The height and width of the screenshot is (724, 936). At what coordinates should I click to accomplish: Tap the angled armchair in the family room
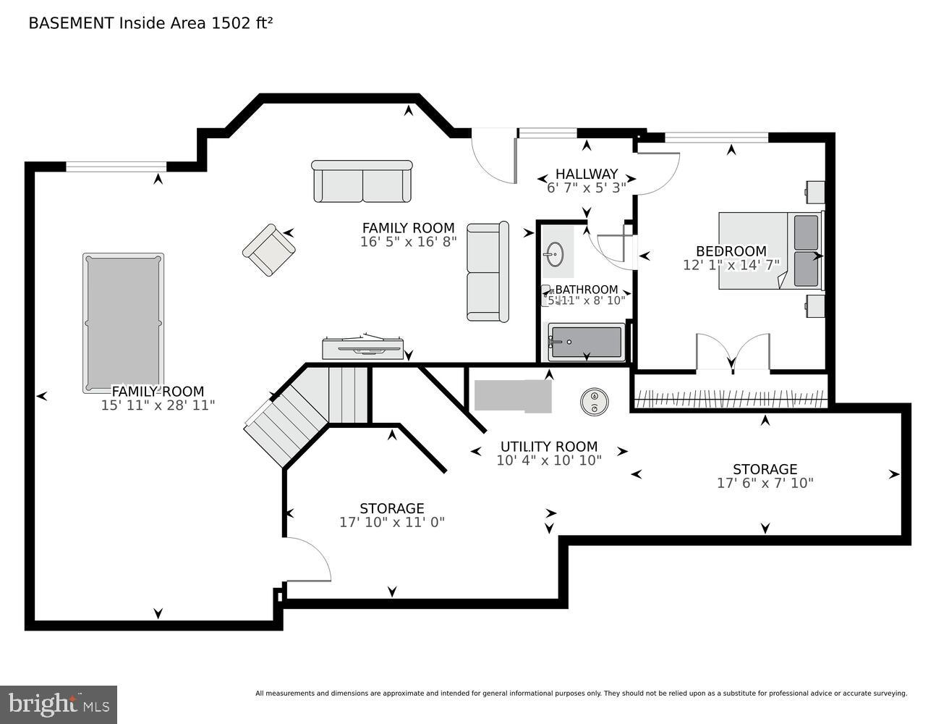(268, 250)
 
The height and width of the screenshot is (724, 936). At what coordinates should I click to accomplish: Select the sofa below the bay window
(362, 182)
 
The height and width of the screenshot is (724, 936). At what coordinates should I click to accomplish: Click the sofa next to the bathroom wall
(488, 272)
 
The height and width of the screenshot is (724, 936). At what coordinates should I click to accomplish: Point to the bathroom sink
(554, 254)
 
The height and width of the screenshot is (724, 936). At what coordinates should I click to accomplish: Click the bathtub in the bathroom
(586, 342)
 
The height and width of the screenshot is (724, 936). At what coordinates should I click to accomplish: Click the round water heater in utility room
(594, 402)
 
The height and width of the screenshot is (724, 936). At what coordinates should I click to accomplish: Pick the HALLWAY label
(587, 174)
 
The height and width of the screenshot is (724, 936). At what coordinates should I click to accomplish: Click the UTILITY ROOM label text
(549, 447)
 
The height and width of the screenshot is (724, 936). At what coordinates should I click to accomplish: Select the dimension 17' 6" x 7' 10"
(765, 483)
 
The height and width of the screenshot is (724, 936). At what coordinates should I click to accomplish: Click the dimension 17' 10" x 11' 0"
(392, 522)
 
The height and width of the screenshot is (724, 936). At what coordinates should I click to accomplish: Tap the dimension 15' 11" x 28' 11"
(158, 405)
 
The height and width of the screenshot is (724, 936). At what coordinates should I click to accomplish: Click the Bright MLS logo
(59, 704)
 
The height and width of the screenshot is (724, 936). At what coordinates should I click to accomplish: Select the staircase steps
(304, 413)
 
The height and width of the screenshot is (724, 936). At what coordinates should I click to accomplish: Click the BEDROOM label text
(731, 252)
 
